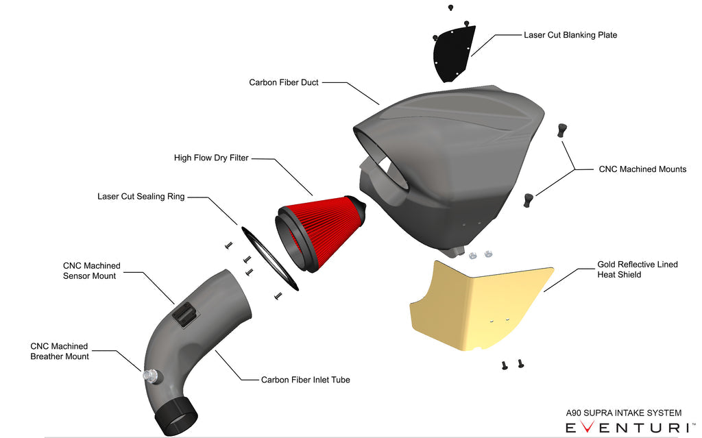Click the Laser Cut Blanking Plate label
click(570, 35)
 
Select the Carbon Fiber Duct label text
click(283, 82)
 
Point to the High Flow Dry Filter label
click(211, 158)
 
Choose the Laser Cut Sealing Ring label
click(141, 197)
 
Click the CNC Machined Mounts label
click(642, 169)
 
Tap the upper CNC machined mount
click(562, 130)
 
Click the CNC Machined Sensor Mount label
click(91, 271)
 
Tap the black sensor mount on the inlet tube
click(184, 313)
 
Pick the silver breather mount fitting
click(149, 375)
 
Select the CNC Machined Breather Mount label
click(60, 352)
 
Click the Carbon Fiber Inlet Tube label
click(305, 380)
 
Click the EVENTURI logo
click(626, 428)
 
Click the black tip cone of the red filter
click(362, 206)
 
